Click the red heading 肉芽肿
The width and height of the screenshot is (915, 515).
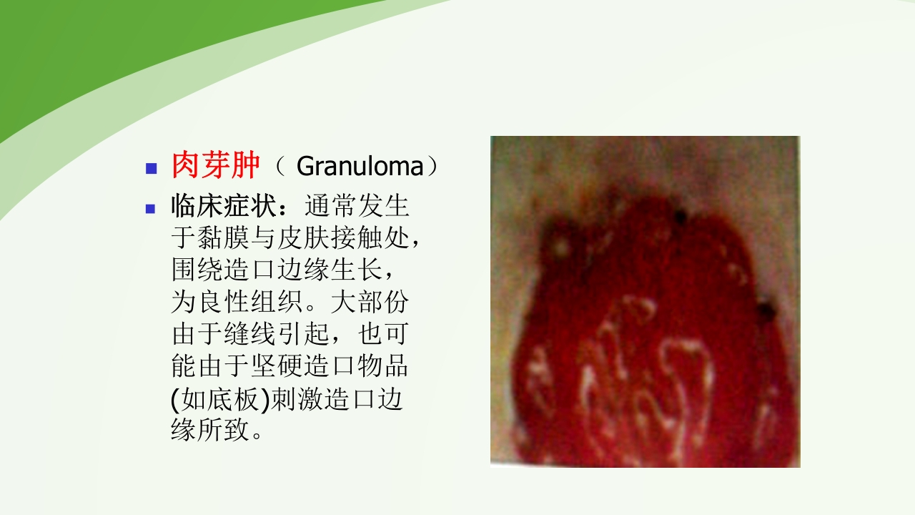click(215, 167)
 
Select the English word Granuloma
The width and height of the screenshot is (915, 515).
click(360, 167)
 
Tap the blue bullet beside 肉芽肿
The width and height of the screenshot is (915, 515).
click(151, 169)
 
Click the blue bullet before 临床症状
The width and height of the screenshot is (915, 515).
click(151, 209)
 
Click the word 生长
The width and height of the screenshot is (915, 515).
click(356, 271)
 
